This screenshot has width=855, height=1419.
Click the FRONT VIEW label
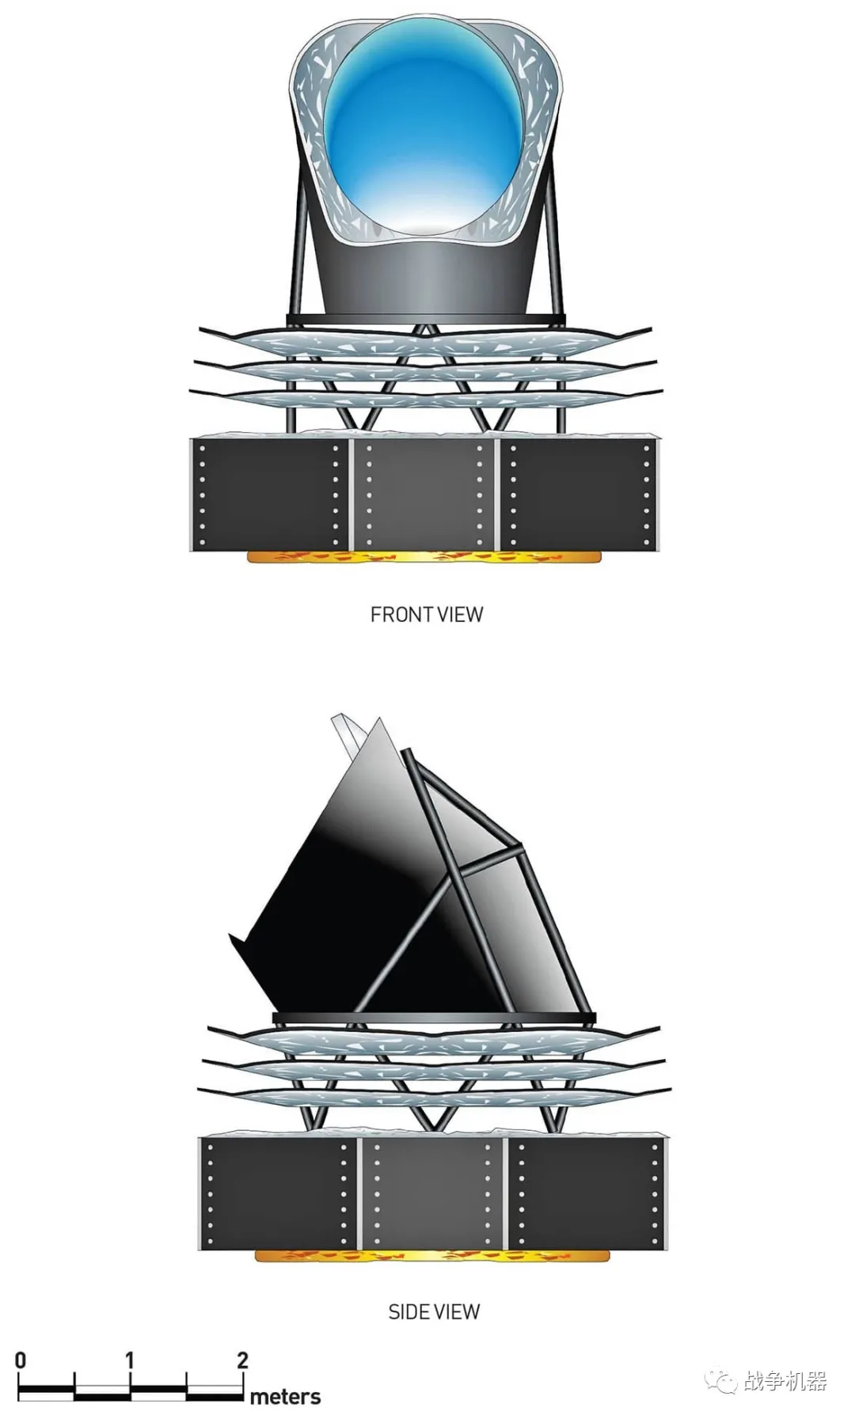tap(426, 614)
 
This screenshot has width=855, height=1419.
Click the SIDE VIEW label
tap(434, 1311)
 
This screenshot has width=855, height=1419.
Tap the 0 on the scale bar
tap(21, 1360)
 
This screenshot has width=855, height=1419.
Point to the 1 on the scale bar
tap(129, 1360)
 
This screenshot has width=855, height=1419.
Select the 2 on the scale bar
tap(242, 1360)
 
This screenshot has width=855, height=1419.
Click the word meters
tap(285, 1397)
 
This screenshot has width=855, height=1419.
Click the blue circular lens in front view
tap(424, 127)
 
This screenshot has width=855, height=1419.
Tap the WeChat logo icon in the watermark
tap(720, 1382)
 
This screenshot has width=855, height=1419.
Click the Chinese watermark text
tap(785, 1382)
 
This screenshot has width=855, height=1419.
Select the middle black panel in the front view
tap(424, 492)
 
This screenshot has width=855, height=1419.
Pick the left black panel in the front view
tap(269, 492)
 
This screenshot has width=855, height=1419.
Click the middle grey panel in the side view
tap(431, 1193)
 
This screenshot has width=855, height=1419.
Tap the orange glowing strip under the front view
tap(424, 557)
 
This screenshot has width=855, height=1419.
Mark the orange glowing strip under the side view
tap(432, 1255)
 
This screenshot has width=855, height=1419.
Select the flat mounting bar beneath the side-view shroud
tap(433, 1018)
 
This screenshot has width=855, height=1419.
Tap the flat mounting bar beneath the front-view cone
tap(426, 320)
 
